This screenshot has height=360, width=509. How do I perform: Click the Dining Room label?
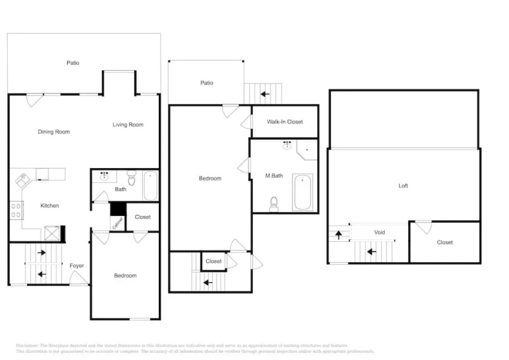tap(54, 132)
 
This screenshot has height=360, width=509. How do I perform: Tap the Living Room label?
tap(128, 125)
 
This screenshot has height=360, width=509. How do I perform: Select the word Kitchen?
tap(50, 206)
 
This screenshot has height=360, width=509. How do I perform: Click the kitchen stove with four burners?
tap(16, 211)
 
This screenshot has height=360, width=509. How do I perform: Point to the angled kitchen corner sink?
tap(23, 179)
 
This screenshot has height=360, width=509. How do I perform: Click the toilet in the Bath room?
tap(132, 177)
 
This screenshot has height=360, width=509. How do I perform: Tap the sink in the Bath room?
tap(105, 176)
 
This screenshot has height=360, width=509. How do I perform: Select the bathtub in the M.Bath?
tap(302, 192)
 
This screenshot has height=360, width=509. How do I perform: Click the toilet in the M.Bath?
tap(274, 205)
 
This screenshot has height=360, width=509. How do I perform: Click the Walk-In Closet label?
tap(285, 122)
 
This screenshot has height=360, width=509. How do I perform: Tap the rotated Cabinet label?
tap(118, 223)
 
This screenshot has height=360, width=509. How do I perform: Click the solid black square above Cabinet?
tap(118, 209)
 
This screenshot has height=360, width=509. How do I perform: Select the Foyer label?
tap(77, 266)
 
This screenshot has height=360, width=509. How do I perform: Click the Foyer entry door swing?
tap(79, 277)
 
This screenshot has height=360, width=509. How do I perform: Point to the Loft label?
tap(403, 186)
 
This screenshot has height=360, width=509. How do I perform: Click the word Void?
tap(380, 232)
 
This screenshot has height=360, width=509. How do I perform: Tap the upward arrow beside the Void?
tap(338, 234)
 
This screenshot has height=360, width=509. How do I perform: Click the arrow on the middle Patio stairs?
tap(264, 94)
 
